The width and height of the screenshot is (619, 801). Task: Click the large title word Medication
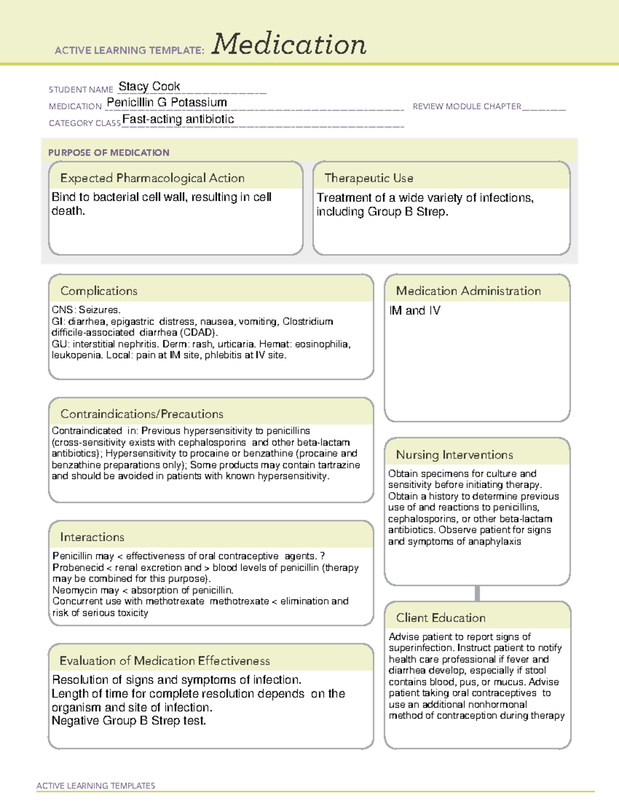click(289, 44)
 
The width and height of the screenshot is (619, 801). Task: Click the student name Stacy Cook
click(149, 86)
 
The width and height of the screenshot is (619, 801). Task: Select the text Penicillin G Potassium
click(167, 102)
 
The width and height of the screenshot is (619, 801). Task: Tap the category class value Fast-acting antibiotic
click(178, 119)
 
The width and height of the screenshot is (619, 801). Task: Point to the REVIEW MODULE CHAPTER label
click(467, 106)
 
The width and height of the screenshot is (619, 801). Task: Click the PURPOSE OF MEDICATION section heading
click(108, 153)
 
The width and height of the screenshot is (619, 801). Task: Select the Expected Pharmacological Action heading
click(152, 178)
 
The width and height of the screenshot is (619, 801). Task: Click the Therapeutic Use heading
click(368, 178)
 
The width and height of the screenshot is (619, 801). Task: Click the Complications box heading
click(99, 291)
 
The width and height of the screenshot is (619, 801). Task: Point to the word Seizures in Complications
click(99, 310)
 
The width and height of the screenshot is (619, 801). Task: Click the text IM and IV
click(415, 310)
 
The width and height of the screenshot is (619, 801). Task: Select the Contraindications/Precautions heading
click(141, 414)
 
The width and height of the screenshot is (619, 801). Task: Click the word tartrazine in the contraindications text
click(338, 465)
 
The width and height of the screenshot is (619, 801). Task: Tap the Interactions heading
click(92, 537)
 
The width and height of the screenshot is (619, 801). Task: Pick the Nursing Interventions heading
click(454, 454)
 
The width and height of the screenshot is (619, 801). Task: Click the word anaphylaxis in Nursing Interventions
click(495, 542)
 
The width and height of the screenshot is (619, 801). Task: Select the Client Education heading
click(441, 617)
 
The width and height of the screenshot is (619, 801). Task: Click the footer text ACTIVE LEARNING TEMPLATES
click(95, 786)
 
